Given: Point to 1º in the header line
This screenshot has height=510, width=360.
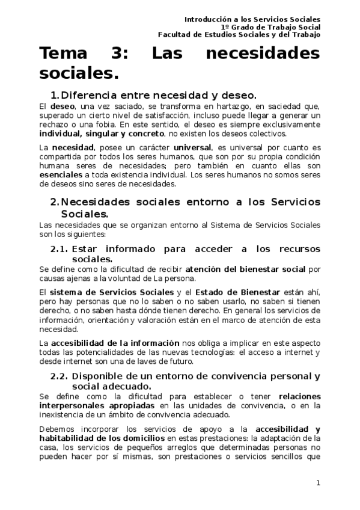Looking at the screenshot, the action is pos(225,27).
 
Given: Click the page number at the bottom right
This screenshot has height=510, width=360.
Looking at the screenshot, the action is pos(319,482).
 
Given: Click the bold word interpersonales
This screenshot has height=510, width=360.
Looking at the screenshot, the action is pos(66,406).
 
